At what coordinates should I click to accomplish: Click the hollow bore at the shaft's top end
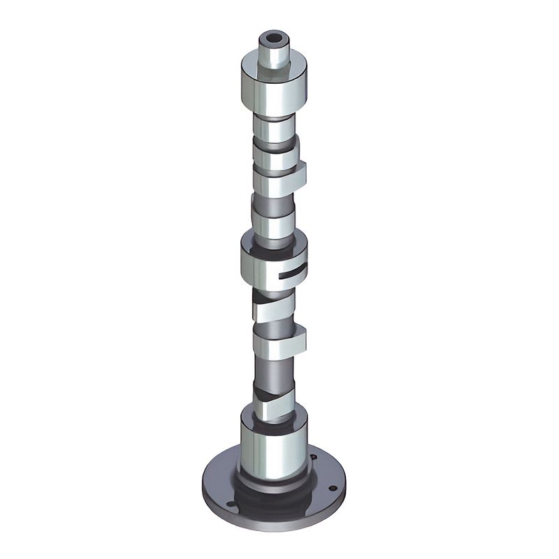pos(273,37)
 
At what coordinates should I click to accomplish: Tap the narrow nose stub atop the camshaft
pos(273,52)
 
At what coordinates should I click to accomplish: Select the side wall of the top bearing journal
pos(273,91)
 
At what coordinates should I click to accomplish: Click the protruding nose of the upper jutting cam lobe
pos(299,174)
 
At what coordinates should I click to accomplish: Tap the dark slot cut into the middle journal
pos(291,273)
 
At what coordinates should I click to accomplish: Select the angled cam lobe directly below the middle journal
pos(273,307)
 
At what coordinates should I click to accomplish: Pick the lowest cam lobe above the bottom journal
pos(273,405)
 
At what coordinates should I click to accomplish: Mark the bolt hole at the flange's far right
pos(333,488)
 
